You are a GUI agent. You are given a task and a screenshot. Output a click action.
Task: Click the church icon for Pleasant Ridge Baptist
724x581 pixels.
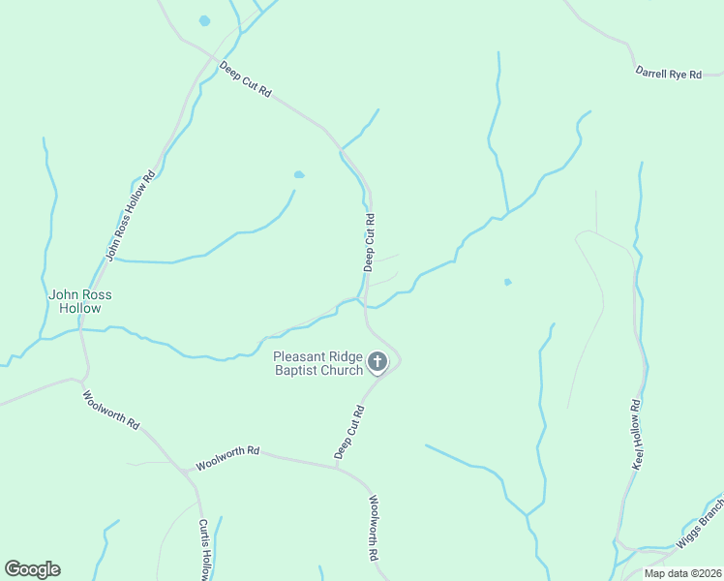[377, 363]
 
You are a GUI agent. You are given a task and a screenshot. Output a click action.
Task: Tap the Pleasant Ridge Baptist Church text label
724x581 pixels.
[317, 362]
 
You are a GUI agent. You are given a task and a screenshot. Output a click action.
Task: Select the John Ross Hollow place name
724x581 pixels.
[74, 301]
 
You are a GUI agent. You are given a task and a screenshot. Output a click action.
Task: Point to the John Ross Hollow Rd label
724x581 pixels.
[130, 217]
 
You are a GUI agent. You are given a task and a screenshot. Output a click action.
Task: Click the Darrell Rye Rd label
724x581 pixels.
[668, 73]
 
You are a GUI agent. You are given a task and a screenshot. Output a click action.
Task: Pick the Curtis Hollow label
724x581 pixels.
[204, 550]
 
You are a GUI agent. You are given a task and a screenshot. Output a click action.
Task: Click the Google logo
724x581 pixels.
[32, 569]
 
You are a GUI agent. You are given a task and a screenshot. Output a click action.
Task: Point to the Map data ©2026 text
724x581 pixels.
[681, 573]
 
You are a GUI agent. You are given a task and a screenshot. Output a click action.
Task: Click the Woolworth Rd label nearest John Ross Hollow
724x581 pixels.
[111, 411]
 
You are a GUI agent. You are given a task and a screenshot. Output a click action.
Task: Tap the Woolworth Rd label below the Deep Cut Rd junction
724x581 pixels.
[372, 529]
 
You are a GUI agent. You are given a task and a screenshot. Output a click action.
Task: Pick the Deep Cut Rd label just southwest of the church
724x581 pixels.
[348, 432]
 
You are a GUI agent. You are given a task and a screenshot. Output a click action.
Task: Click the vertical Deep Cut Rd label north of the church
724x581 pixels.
[368, 243]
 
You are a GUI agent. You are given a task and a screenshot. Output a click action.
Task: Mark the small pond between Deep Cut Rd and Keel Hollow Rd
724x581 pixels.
[507, 283]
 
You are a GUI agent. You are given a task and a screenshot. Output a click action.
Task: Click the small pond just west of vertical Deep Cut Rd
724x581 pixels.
[299, 175]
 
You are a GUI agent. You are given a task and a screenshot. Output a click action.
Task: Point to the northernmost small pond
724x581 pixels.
[204, 20]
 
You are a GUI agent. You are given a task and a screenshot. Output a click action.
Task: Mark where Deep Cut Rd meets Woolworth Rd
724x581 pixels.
[337, 468]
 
